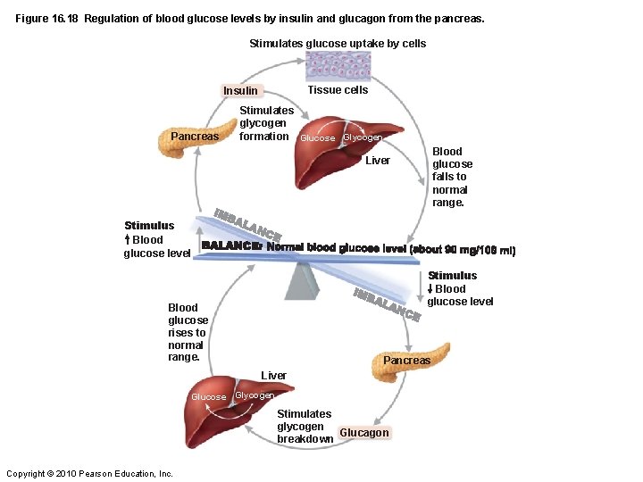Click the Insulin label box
[240, 90]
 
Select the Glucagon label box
[364, 433]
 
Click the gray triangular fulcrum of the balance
[302, 280]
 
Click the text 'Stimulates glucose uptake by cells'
[338, 43]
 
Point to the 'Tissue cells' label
[338, 89]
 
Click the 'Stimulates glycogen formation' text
[265, 123]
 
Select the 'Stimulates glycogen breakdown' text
[304, 426]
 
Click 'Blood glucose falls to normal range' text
[452, 177]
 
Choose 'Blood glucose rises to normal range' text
[188, 332]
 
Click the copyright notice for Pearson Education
[89, 473]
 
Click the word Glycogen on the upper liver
[363, 137]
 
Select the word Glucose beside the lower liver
[209, 396]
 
